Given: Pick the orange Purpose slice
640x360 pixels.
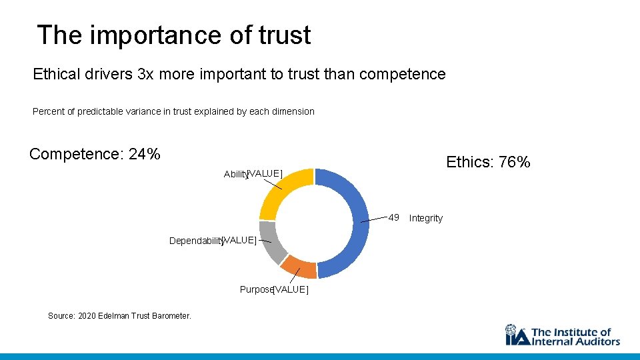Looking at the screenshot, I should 299,267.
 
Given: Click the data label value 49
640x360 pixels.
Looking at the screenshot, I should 394,217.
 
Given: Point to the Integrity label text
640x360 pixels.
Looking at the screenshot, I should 425,218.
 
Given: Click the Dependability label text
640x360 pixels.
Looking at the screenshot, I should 195,241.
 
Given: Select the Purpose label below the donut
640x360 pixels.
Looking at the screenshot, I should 256,289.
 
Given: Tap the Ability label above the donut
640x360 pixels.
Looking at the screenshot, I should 235,174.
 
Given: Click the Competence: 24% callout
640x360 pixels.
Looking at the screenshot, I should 95,154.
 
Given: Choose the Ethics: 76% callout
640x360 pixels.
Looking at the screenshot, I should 488,162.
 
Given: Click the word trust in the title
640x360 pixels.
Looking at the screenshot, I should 286,35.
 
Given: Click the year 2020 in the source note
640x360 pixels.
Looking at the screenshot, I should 88,315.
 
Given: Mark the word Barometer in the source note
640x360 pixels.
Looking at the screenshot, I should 170,315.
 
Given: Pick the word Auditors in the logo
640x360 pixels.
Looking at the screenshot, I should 597,341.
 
